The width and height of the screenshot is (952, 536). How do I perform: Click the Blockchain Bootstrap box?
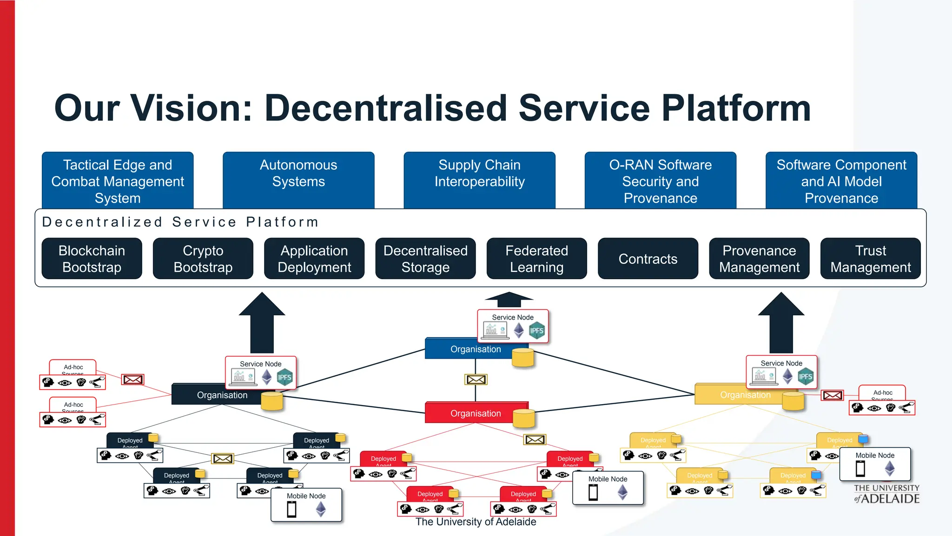click(92, 259)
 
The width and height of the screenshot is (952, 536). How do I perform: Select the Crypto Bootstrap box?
click(203, 259)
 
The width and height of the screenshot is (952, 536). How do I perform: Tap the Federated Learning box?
click(536, 259)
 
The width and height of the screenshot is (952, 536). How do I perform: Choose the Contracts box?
click(648, 259)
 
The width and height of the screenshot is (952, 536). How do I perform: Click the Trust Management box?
click(870, 259)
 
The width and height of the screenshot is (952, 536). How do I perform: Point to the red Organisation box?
click(469, 413)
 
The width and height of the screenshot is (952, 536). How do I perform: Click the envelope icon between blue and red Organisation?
click(476, 379)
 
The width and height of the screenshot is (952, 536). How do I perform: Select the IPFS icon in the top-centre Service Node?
click(537, 331)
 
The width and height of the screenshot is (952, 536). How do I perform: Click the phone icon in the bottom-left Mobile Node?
click(291, 510)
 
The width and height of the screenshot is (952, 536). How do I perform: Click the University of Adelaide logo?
click(886, 494)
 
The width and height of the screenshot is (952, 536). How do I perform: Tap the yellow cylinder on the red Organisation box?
click(523, 418)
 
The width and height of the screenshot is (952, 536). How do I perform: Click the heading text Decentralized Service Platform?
click(180, 222)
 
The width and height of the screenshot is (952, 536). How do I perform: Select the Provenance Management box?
click(759, 259)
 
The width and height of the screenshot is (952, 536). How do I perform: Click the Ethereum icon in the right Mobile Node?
click(890, 468)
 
